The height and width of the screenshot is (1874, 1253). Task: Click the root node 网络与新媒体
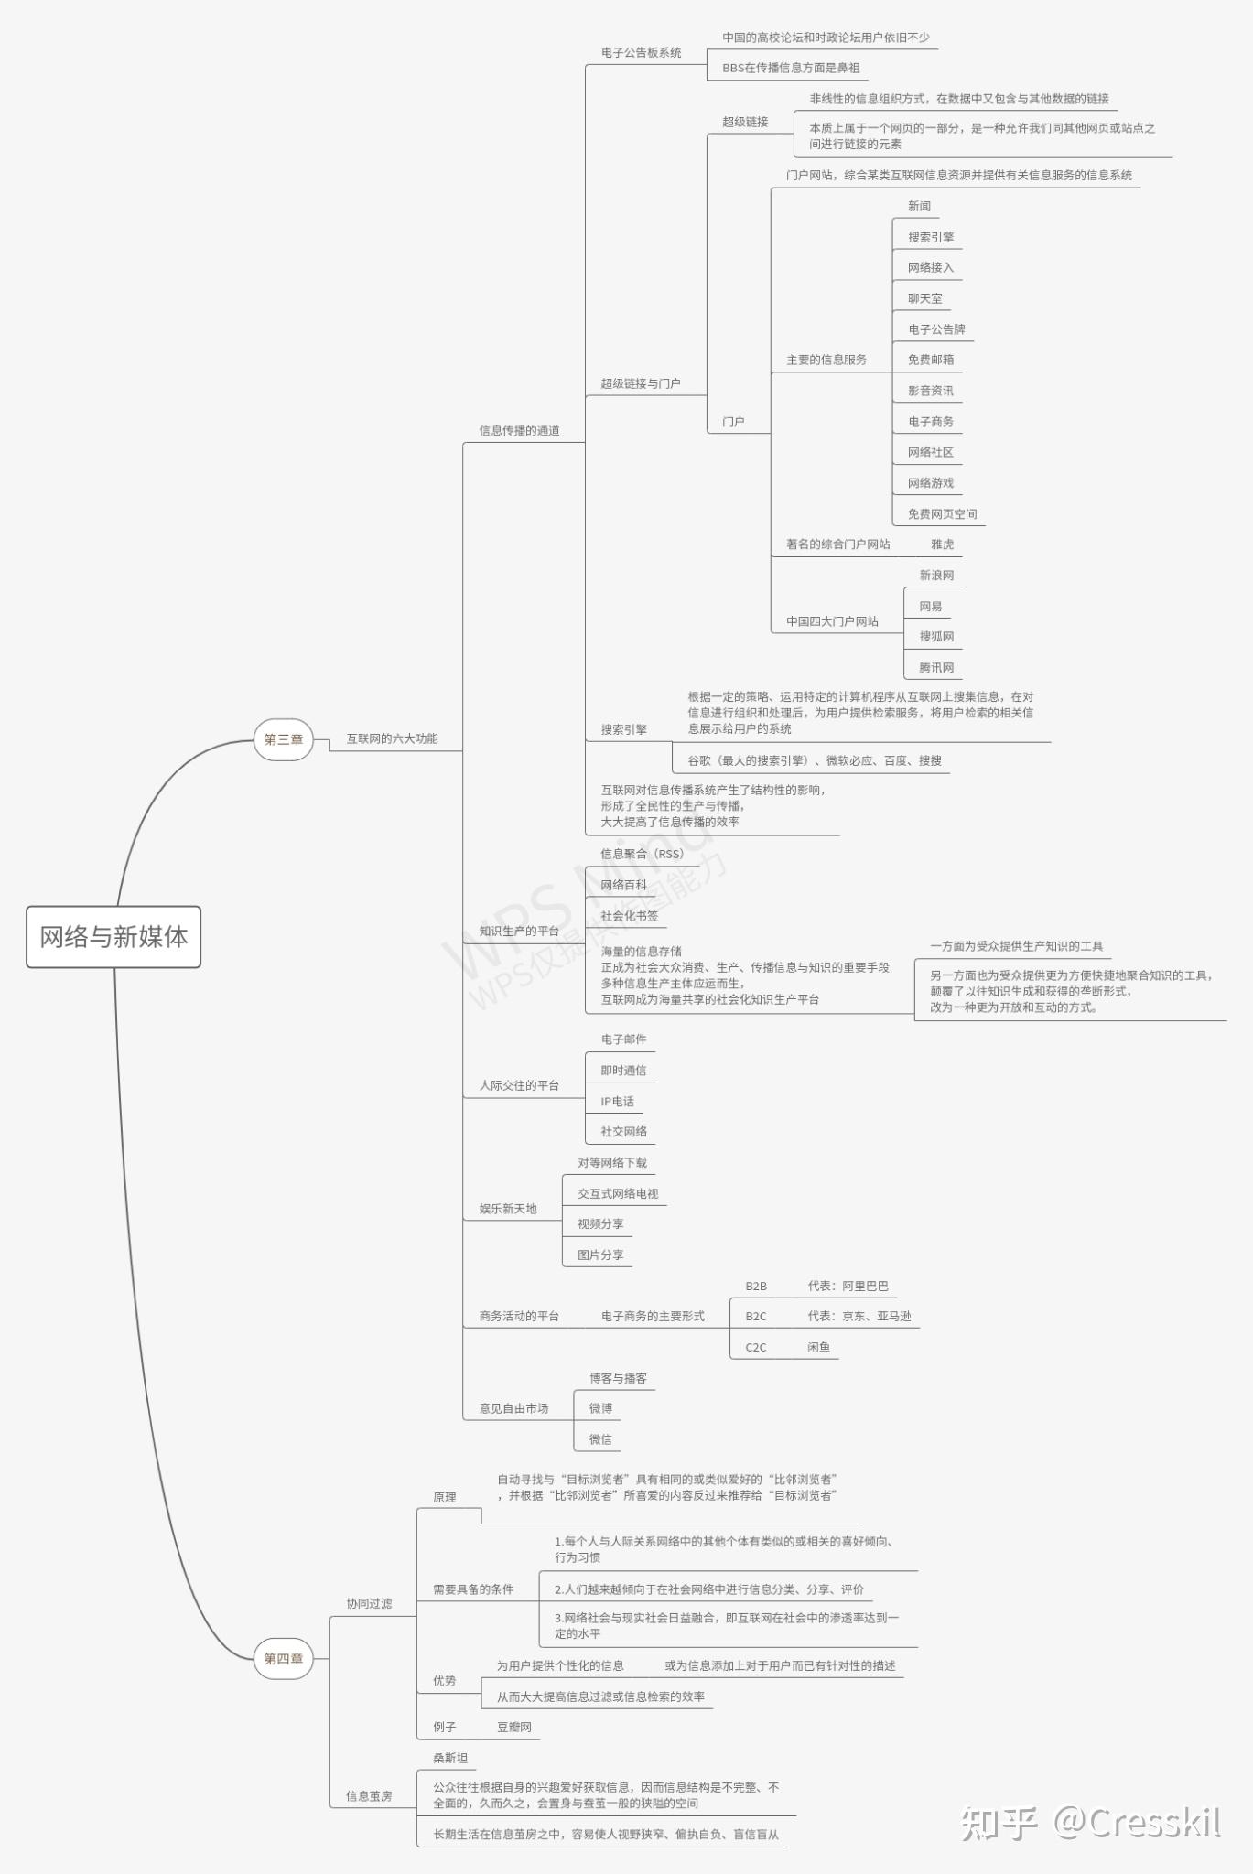(x=113, y=936)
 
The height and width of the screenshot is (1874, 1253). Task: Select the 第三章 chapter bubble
(x=284, y=739)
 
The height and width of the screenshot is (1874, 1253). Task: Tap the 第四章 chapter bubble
(x=284, y=1658)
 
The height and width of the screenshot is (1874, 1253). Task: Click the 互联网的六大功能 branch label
(x=392, y=738)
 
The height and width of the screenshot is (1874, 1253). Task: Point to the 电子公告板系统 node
(x=641, y=53)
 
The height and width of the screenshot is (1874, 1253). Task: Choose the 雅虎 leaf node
(x=942, y=544)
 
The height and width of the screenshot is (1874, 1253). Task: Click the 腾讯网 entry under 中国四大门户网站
(x=936, y=668)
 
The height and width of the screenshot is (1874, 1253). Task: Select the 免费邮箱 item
(x=930, y=360)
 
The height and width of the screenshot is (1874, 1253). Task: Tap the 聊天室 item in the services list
(x=924, y=298)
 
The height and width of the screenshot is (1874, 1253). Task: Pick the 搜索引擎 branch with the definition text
(x=623, y=729)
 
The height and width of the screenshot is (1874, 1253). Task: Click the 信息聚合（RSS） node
(x=643, y=854)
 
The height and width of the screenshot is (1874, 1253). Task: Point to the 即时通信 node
(x=623, y=1071)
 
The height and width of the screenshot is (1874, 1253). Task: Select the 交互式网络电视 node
(x=618, y=1193)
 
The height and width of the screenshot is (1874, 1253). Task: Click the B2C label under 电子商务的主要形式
(x=756, y=1317)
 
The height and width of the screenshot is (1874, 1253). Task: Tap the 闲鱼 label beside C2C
(x=818, y=1347)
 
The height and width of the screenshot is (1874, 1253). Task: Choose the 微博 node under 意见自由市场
(x=600, y=1408)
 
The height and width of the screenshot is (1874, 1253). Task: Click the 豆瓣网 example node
(x=513, y=1727)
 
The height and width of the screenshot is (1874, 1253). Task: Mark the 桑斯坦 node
(x=450, y=1758)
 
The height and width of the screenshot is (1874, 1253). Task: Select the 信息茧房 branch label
(x=369, y=1796)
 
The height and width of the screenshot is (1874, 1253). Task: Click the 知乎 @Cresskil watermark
(x=1090, y=1823)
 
